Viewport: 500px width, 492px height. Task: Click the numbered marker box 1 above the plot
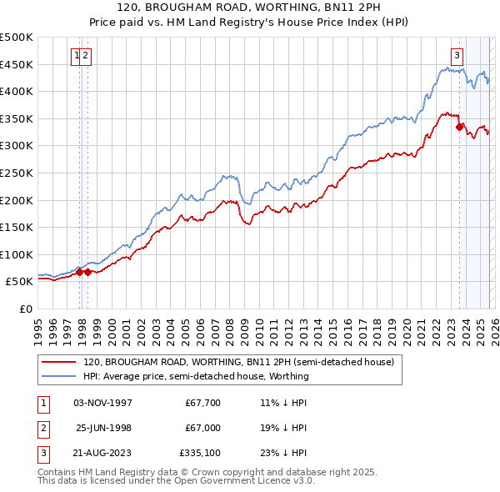click(77, 56)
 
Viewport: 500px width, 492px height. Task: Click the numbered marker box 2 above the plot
click(86, 56)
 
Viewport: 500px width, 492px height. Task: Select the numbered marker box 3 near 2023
click(457, 56)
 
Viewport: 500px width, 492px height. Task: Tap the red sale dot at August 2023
click(459, 127)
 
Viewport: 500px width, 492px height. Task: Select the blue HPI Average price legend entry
click(196, 376)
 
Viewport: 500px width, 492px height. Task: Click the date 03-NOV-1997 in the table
click(103, 403)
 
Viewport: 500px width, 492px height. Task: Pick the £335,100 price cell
click(199, 453)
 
